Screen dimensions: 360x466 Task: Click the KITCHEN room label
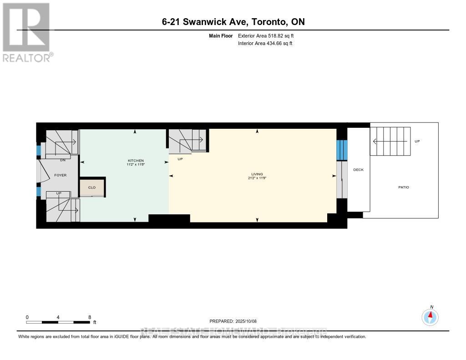click(x=136, y=160)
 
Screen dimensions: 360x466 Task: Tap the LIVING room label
click(x=258, y=173)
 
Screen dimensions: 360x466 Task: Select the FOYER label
click(x=61, y=175)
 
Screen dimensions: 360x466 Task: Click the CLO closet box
click(x=92, y=187)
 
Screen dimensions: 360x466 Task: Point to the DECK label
click(x=358, y=170)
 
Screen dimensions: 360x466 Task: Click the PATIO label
click(x=403, y=187)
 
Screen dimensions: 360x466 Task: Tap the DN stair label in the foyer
click(x=62, y=160)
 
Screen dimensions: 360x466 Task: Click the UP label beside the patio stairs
click(x=417, y=141)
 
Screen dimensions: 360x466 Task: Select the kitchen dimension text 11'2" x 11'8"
click(x=136, y=165)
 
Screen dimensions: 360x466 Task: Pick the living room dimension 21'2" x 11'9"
click(x=258, y=178)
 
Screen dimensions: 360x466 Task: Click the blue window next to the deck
click(x=341, y=150)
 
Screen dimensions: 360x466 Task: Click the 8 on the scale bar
click(x=90, y=317)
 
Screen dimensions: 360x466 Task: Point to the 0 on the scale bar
click(x=27, y=317)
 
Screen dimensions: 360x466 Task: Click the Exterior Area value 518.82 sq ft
click(x=268, y=35)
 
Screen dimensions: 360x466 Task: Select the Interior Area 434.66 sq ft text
click(x=265, y=43)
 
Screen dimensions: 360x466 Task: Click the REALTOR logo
click(x=26, y=32)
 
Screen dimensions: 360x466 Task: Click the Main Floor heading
click(x=221, y=35)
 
